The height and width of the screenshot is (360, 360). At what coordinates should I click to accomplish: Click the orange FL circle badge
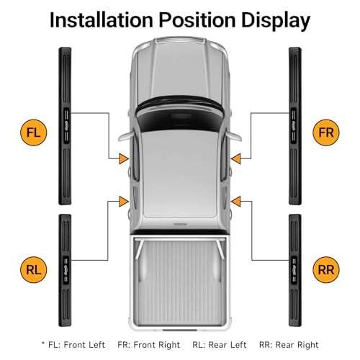[x=33, y=132]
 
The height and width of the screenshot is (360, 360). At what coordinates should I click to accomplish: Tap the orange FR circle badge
[x=326, y=132]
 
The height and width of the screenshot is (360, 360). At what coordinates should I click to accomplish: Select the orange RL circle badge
[x=33, y=270]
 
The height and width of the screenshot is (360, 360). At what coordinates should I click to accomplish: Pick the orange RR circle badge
[x=326, y=270]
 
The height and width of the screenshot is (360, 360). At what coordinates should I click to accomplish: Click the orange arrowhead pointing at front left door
[x=124, y=158]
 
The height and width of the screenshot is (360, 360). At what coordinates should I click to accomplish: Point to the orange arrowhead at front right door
[x=236, y=158]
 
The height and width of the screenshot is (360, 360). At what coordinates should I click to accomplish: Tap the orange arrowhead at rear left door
[x=124, y=202]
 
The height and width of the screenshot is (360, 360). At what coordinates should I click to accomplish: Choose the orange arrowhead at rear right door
[x=236, y=202]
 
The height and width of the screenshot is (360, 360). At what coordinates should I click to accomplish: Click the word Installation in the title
[x=102, y=19]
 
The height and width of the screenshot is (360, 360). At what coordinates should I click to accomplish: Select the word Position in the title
[x=197, y=19]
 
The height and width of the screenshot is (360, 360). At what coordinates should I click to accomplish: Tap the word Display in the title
[x=276, y=21]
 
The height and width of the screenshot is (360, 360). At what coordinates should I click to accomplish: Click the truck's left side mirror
[x=126, y=136]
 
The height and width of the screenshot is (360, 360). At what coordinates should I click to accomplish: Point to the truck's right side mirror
[x=234, y=136]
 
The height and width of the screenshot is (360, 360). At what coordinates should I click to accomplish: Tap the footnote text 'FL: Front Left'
[x=76, y=345]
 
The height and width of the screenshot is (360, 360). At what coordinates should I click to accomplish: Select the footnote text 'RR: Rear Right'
[x=289, y=345]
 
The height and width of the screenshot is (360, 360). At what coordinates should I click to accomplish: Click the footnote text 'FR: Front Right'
[x=149, y=345]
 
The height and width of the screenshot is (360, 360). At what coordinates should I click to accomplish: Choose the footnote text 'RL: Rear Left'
[x=220, y=345]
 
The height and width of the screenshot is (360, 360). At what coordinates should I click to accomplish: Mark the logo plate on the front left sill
[x=66, y=126]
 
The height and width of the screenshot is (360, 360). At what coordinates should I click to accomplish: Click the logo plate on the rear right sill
[x=294, y=270]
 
